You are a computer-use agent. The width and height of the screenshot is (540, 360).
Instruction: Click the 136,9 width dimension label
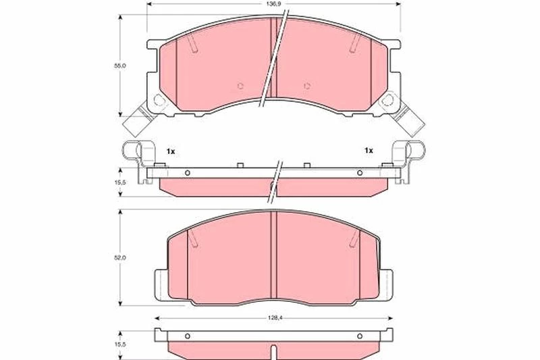(273, 4)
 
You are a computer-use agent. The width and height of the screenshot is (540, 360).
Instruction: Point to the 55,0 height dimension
(120, 66)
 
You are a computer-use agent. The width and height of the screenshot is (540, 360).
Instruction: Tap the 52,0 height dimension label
(120, 257)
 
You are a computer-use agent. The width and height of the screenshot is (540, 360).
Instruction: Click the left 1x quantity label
(171, 151)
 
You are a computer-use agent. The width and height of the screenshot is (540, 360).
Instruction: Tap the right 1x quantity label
(369, 151)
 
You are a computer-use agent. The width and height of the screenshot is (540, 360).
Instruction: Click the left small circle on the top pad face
(240, 86)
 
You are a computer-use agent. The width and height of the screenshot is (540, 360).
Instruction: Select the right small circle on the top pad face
(307, 86)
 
